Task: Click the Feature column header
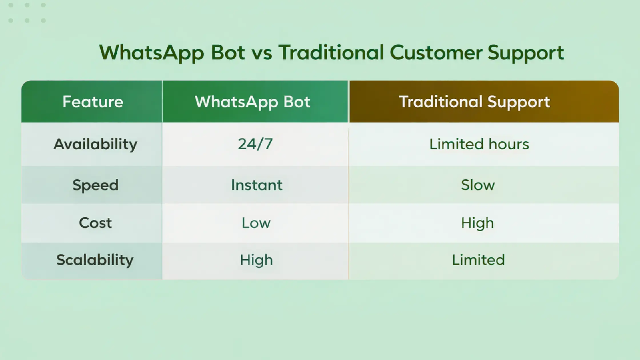93,102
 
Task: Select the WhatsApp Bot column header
253,102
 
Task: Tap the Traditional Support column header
474,102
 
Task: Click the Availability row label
95,144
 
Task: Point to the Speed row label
95,185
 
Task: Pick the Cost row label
95,223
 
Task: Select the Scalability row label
95,260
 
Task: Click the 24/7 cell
255,144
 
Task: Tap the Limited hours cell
479,144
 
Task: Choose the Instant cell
257,185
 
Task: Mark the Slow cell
478,185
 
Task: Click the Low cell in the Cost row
256,223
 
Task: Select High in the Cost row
477,223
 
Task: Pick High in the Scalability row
256,260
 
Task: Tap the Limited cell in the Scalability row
478,260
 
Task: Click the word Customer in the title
436,53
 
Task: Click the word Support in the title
526,53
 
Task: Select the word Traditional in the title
331,53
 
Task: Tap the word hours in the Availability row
509,144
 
